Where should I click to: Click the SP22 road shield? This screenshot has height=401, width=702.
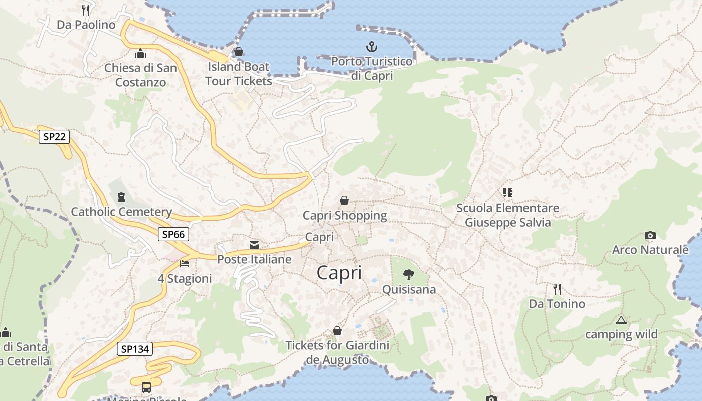(x=54, y=136)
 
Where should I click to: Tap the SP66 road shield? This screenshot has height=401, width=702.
(x=173, y=234)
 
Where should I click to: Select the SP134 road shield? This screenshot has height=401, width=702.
(x=135, y=349)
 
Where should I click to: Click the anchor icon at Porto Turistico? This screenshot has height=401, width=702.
(x=371, y=47)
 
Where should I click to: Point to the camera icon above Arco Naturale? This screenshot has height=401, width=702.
(x=650, y=235)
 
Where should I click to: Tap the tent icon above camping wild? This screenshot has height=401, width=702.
(x=621, y=320)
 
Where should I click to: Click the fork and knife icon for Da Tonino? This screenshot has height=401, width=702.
(x=557, y=289)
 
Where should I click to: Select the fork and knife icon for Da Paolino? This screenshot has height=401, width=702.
(x=86, y=10)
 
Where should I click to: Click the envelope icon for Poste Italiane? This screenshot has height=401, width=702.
(x=254, y=245)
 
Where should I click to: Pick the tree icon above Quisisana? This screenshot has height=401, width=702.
(x=409, y=274)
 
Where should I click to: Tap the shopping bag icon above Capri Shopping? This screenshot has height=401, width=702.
(x=344, y=200)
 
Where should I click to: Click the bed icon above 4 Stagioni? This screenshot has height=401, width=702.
(x=185, y=263)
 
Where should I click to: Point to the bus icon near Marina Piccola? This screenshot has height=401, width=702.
(x=146, y=387)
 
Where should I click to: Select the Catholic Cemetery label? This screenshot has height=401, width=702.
(x=121, y=212)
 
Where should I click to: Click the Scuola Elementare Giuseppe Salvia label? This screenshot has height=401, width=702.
(x=507, y=215)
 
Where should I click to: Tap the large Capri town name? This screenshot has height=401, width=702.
(x=339, y=273)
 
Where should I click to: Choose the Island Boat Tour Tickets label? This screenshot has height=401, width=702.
(x=239, y=74)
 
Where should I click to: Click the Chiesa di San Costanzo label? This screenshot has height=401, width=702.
(x=140, y=75)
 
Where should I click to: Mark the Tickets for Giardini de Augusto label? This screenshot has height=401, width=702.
(x=337, y=352)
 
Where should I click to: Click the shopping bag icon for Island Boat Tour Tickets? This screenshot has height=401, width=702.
(x=239, y=52)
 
